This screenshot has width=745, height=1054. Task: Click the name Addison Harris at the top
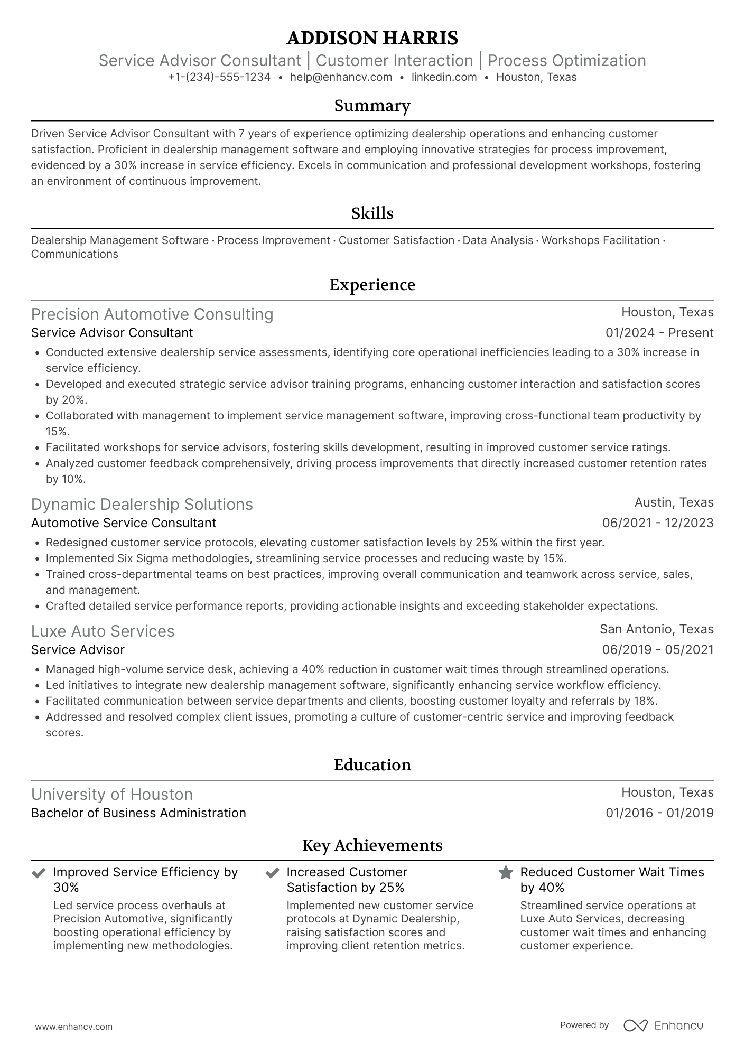372,38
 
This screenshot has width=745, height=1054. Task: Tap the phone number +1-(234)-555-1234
219,77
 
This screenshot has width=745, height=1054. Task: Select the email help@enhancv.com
341,77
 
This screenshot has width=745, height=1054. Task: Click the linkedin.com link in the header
444,77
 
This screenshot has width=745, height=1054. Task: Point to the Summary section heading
372,106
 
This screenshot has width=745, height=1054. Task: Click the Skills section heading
372,213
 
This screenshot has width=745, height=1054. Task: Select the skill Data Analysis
498,240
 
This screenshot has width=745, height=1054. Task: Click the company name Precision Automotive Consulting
152,314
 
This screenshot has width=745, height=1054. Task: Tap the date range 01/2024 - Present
659,333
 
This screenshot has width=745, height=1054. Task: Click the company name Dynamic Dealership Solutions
142,505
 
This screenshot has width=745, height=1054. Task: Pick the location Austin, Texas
674,502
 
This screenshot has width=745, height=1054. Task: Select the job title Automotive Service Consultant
124,523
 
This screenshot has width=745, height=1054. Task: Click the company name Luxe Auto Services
103,631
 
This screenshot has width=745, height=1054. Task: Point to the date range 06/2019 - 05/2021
658,650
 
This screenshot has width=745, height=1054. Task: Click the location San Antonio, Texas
656,629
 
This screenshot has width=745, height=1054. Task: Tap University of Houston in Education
111,795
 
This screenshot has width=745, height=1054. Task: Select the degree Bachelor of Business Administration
138,813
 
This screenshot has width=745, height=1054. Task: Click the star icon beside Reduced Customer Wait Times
506,872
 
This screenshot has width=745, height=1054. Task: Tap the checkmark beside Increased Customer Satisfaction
272,873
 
